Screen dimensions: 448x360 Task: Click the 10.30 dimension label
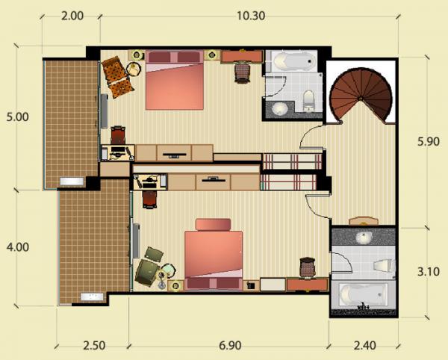coord(251,16)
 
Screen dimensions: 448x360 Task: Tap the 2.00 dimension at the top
coord(72,16)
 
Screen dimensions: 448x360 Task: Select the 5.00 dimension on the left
coord(18,117)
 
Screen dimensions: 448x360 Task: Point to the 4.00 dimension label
coord(18,247)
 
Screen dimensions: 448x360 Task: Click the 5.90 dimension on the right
coord(429,141)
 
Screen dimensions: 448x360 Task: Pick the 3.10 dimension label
coord(429,271)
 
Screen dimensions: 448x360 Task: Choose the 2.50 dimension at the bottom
coord(94,346)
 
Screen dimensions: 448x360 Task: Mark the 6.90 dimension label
coord(230,346)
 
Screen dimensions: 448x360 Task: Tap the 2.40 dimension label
coord(364,346)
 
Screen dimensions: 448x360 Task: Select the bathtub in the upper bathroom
coord(291,61)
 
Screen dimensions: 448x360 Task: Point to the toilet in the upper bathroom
coord(308,101)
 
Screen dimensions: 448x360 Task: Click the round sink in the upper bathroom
coord(279,108)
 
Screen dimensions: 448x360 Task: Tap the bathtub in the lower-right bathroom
coord(363,294)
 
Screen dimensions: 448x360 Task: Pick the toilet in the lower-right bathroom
coord(384,265)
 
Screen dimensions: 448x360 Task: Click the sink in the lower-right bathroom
coord(364,238)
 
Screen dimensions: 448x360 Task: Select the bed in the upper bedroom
coord(175,80)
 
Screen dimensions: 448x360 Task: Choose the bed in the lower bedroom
coord(214,254)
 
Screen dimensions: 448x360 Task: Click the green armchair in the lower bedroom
coord(147,272)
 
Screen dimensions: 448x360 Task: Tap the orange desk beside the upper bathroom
coord(242,57)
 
